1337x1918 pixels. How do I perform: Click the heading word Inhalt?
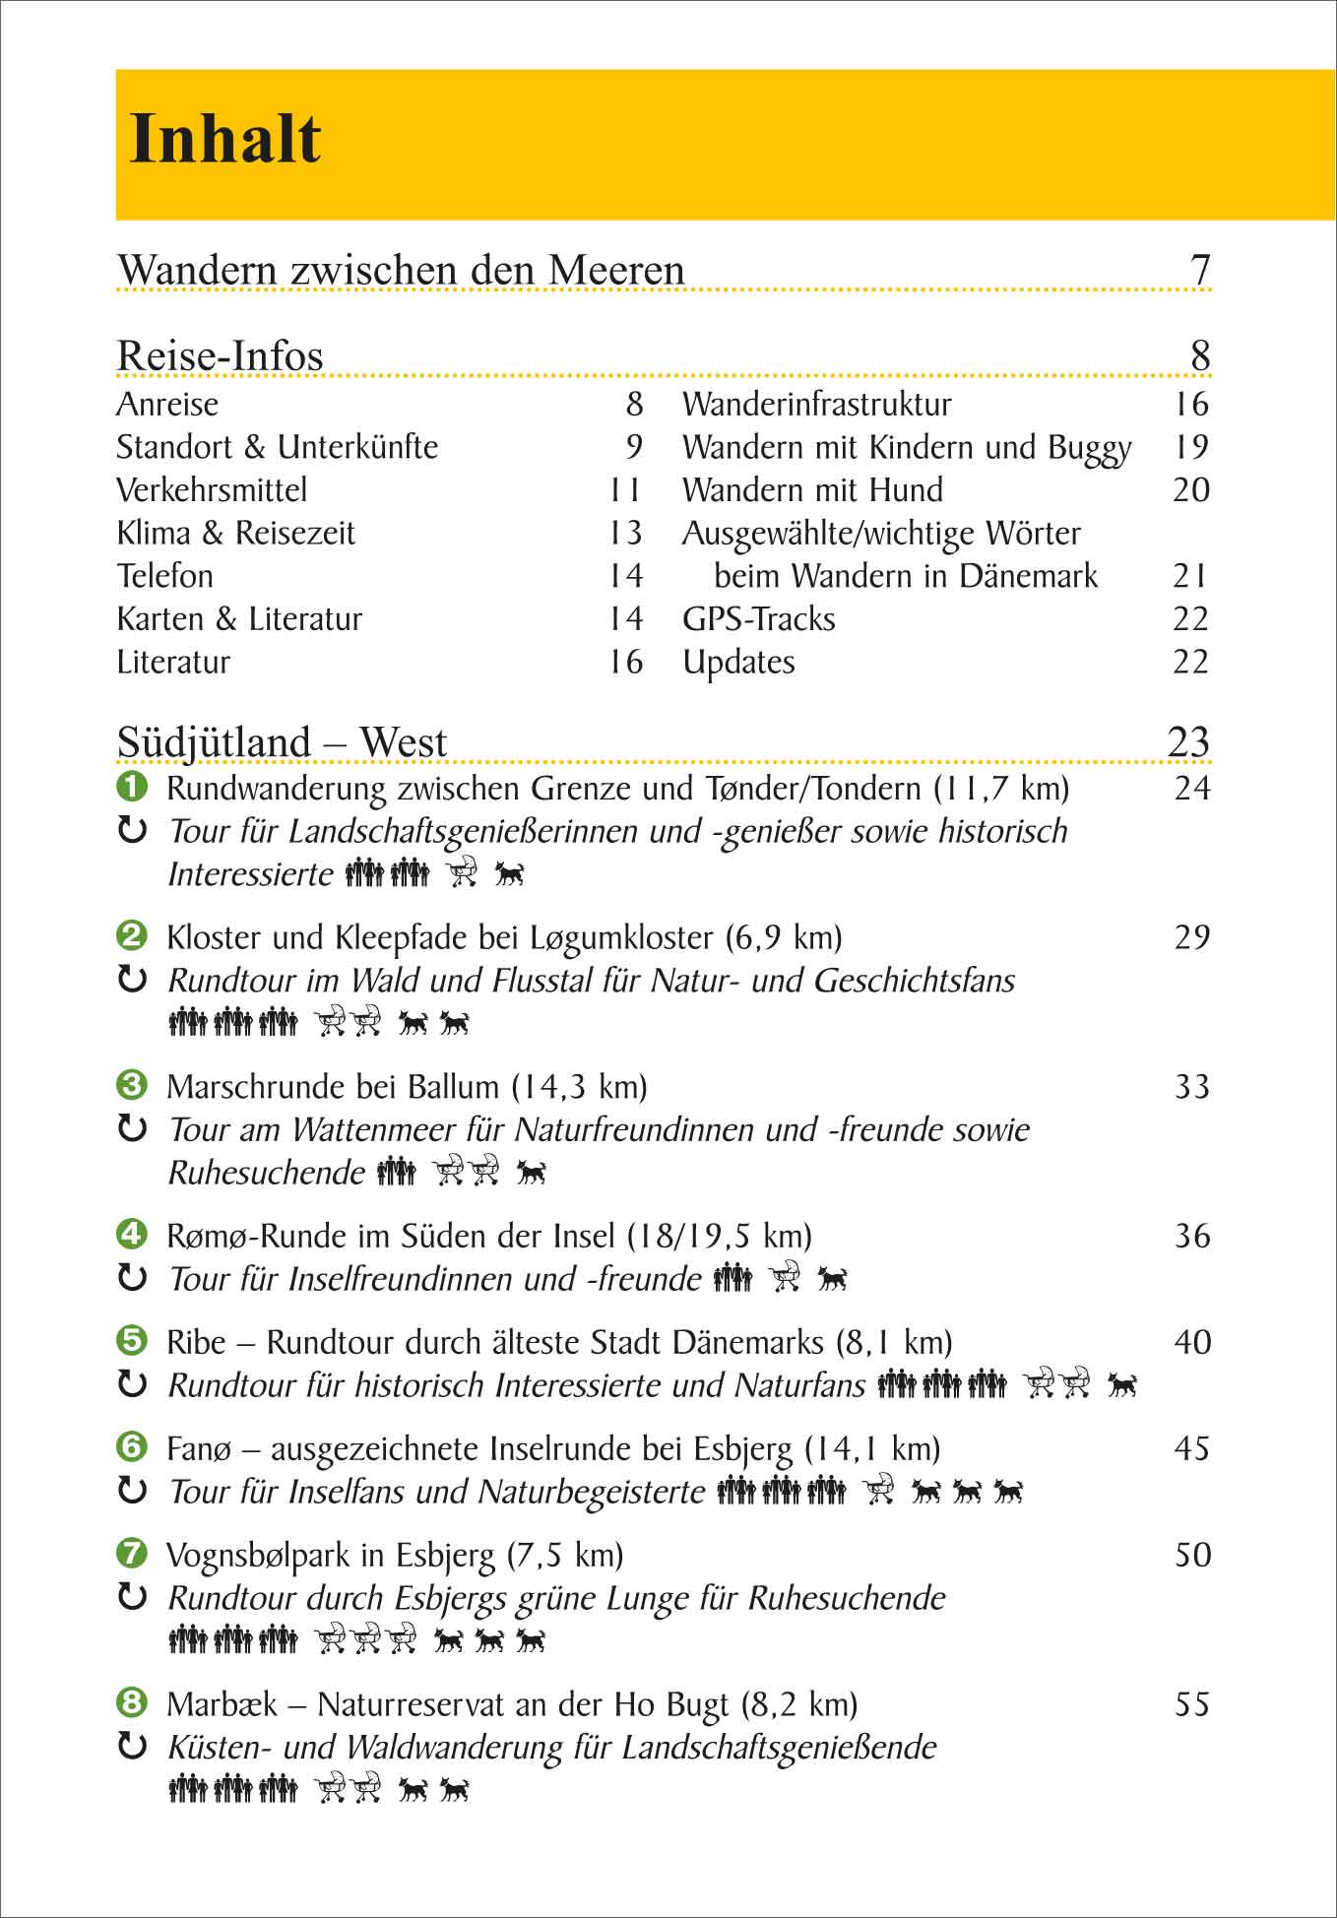click(x=225, y=139)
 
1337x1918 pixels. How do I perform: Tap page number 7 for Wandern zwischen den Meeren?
click(x=1199, y=270)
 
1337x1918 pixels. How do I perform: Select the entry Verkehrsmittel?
click(x=212, y=490)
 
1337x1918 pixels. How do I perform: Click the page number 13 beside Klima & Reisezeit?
click(x=625, y=534)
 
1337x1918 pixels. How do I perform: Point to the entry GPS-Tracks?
click(x=758, y=619)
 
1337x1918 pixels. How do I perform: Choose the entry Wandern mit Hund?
click(x=812, y=490)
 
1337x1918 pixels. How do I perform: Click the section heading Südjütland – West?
click(x=282, y=742)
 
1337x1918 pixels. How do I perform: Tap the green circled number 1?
click(x=132, y=787)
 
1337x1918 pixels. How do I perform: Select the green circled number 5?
click(x=132, y=1341)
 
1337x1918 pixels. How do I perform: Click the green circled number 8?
click(x=132, y=1702)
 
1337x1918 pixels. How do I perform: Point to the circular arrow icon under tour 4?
click(x=132, y=1279)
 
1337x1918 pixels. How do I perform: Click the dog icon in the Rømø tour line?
click(x=832, y=1279)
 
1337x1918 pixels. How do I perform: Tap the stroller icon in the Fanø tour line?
click(x=878, y=1492)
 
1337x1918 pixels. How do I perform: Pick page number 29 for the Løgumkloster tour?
click(x=1191, y=937)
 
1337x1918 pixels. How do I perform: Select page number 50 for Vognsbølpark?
click(x=1191, y=1555)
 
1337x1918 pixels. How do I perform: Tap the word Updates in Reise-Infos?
click(x=738, y=663)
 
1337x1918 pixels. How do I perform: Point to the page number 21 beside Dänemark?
click(x=1190, y=576)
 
